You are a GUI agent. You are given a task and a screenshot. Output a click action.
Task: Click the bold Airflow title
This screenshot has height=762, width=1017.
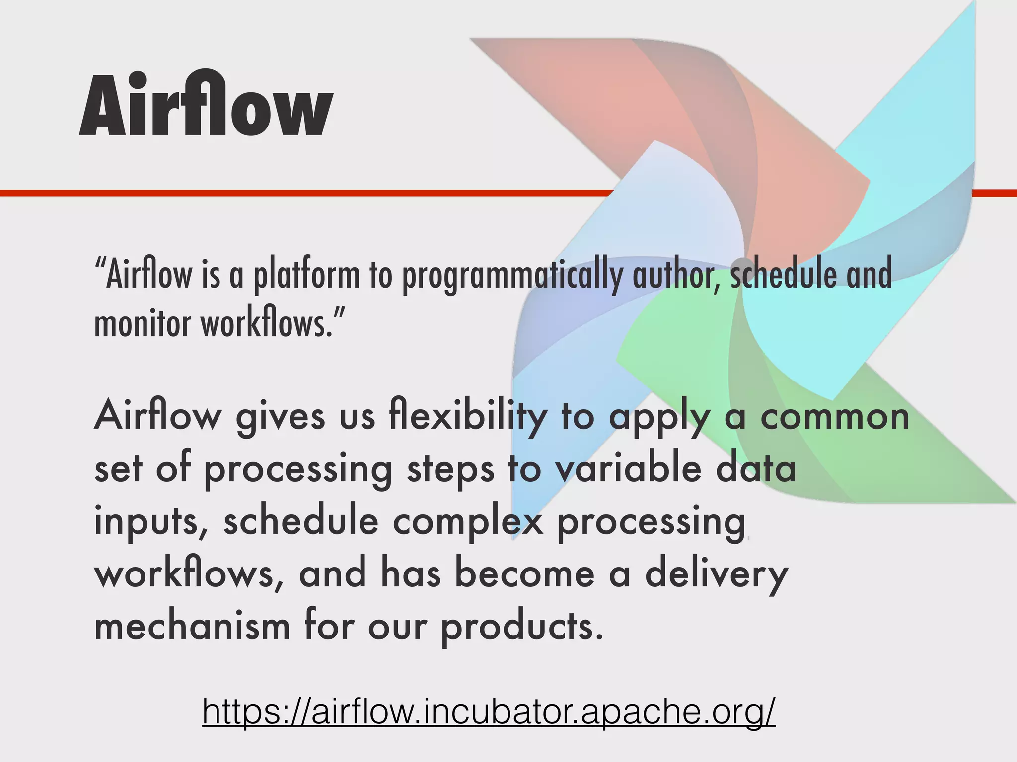coord(206,105)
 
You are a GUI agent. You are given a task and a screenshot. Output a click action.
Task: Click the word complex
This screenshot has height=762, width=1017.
coord(468,522)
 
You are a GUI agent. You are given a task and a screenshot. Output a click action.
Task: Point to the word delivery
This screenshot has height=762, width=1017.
coord(717,574)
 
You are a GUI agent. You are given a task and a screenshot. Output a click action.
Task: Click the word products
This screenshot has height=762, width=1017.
coord(522,626)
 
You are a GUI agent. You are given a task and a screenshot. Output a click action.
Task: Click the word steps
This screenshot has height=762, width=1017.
coord(450,470)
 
